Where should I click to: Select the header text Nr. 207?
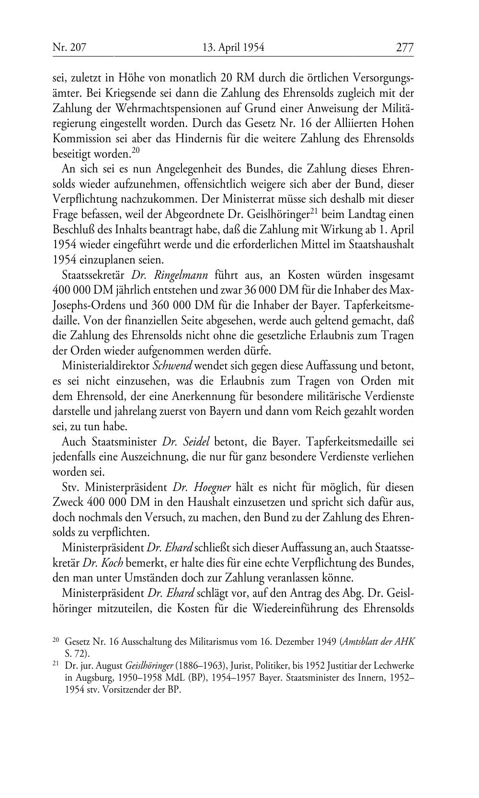(x=69, y=47)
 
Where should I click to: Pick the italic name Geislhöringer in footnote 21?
(x=149, y=666)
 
